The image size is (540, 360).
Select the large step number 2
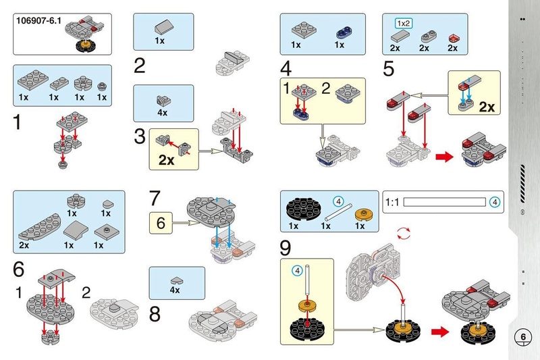tap(140, 66)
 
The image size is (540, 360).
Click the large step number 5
tap(388, 68)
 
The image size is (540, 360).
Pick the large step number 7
tap(156, 199)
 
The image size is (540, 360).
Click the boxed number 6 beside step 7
tap(161, 222)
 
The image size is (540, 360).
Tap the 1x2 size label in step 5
tap(402, 23)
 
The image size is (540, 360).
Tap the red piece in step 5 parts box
tap(454, 35)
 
